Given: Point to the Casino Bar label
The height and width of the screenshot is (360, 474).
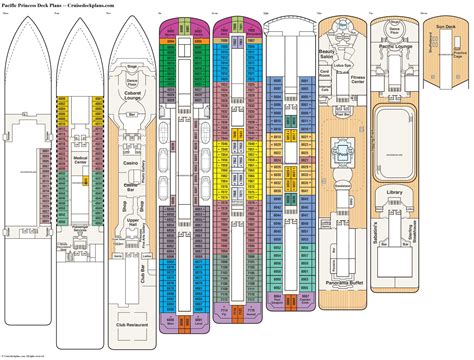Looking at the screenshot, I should click(131, 186).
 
